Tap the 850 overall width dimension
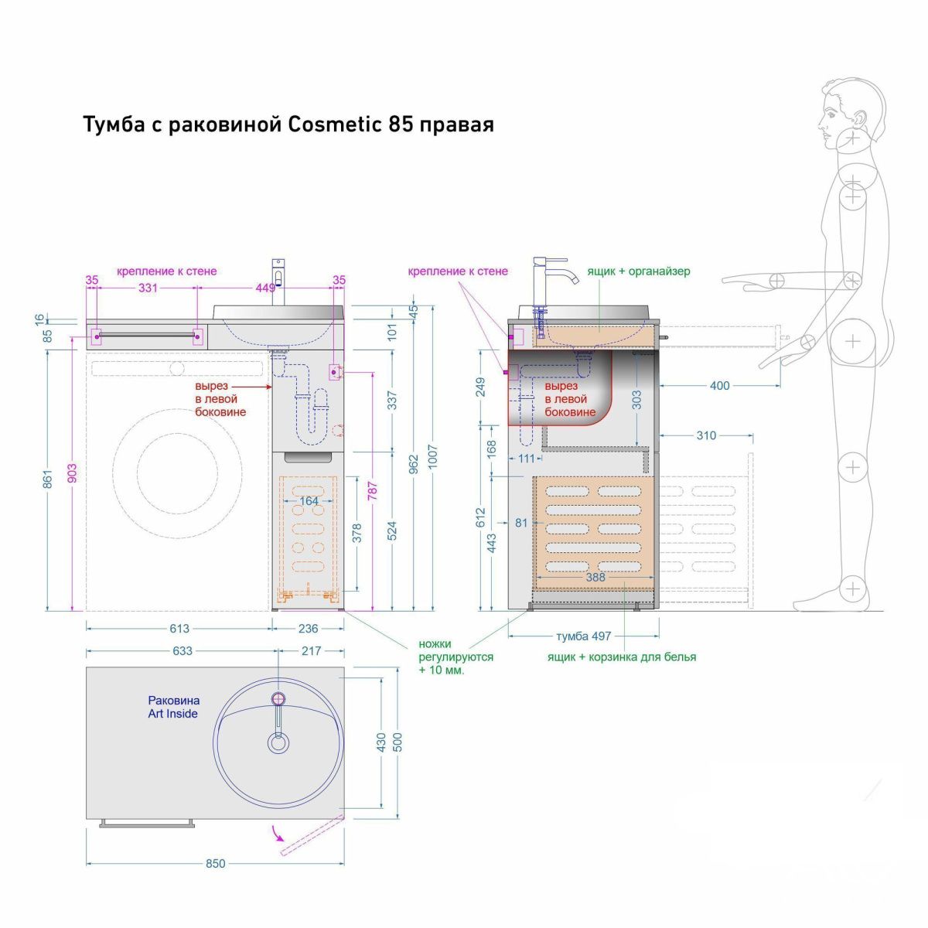point(216,863)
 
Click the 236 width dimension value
point(308,628)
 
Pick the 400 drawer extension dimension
point(719,385)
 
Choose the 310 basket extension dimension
point(705,435)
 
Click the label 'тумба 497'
point(583,636)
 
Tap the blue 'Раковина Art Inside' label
point(173,707)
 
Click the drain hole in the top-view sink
point(278,744)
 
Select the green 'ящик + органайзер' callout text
point(638,271)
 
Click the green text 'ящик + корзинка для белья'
point(622,657)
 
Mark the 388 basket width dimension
point(595,577)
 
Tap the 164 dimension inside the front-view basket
point(309,500)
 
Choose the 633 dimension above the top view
point(182,651)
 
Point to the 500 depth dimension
point(398,742)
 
